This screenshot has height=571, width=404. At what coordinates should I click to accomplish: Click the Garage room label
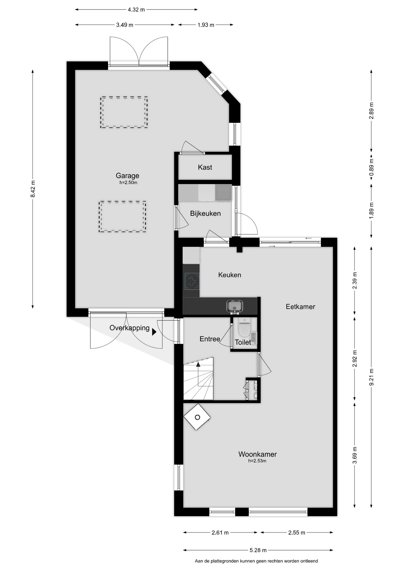tap(127, 176)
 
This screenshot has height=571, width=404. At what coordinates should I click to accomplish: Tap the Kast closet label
tap(205, 167)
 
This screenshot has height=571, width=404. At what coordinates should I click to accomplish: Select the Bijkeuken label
tap(205, 214)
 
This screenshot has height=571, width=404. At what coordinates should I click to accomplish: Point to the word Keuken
tap(230, 275)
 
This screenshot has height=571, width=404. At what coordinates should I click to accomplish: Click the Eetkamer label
tap(300, 307)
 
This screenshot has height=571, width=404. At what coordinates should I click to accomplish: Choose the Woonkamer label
tap(258, 454)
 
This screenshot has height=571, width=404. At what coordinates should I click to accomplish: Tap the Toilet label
tap(243, 342)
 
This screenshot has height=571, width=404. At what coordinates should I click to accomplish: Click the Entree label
tap(210, 339)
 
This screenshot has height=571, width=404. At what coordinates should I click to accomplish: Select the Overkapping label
tap(129, 328)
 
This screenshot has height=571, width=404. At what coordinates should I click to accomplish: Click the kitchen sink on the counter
tap(235, 306)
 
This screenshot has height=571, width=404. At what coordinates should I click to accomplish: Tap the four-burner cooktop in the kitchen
tap(192, 281)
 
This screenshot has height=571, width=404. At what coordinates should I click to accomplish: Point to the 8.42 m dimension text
tap(33, 189)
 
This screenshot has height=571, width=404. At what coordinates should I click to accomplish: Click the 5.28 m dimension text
tap(258, 550)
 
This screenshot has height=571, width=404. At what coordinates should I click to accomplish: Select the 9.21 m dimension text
tap(371, 377)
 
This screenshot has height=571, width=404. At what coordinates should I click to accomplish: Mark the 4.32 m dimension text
tap(136, 10)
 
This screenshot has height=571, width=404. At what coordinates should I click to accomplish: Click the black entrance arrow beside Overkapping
tap(154, 332)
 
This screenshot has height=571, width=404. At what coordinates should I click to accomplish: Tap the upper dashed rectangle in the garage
tap(124, 112)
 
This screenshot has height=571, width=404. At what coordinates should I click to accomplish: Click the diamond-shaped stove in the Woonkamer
tap(197, 417)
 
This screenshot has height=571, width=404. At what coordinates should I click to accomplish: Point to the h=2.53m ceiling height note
tap(257, 461)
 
